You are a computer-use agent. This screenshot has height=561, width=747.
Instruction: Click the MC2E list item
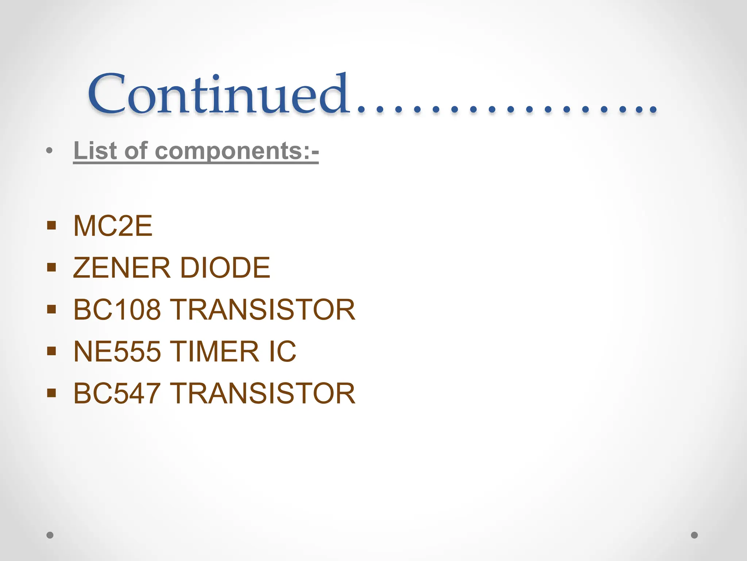(x=113, y=226)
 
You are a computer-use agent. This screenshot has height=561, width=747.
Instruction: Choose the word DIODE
(x=225, y=268)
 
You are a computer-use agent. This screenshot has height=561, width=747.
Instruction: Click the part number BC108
(x=117, y=310)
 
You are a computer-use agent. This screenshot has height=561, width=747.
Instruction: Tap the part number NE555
(x=117, y=352)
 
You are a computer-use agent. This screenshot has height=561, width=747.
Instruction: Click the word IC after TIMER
(x=282, y=352)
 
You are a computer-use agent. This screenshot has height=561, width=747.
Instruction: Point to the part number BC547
(x=117, y=393)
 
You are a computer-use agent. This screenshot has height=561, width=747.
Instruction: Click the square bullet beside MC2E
(x=51, y=225)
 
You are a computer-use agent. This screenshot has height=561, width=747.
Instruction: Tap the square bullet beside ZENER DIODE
(x=51, y=267)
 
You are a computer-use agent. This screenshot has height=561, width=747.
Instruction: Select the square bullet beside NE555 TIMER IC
(x=51, y=351)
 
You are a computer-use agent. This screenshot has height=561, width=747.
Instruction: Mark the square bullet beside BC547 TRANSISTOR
(x=51, y=393)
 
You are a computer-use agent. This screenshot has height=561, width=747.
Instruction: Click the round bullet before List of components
(x=50, y=150)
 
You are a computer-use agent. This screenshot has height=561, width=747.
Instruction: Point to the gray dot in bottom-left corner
(x=50, y=535)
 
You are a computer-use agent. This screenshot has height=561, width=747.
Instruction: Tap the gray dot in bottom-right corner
(x=694, y=535)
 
